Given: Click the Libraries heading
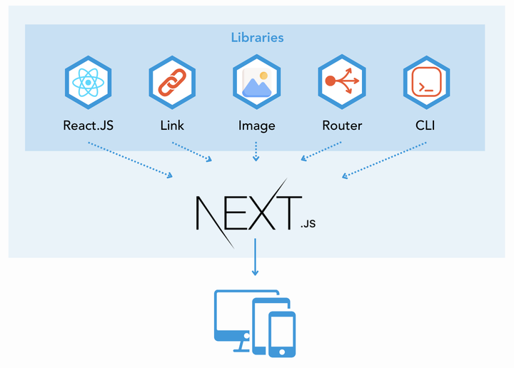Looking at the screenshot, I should [257, 37].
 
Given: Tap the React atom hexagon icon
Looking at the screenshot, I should [88, 83].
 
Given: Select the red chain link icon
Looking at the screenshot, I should [172, 83].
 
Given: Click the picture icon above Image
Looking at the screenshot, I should [256, 83].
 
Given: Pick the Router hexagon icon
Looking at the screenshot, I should [341, 83].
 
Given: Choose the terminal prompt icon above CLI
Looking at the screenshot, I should [425, 83].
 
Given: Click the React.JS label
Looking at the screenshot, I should [88, 126].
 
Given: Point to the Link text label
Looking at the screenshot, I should [172, 126].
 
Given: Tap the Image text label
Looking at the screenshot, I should [256, 126].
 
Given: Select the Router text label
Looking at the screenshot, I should [341, 126].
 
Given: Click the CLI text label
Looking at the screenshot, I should [425, 126].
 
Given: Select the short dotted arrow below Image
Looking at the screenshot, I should [256, 151].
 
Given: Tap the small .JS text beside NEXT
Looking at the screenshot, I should [308, 223].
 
